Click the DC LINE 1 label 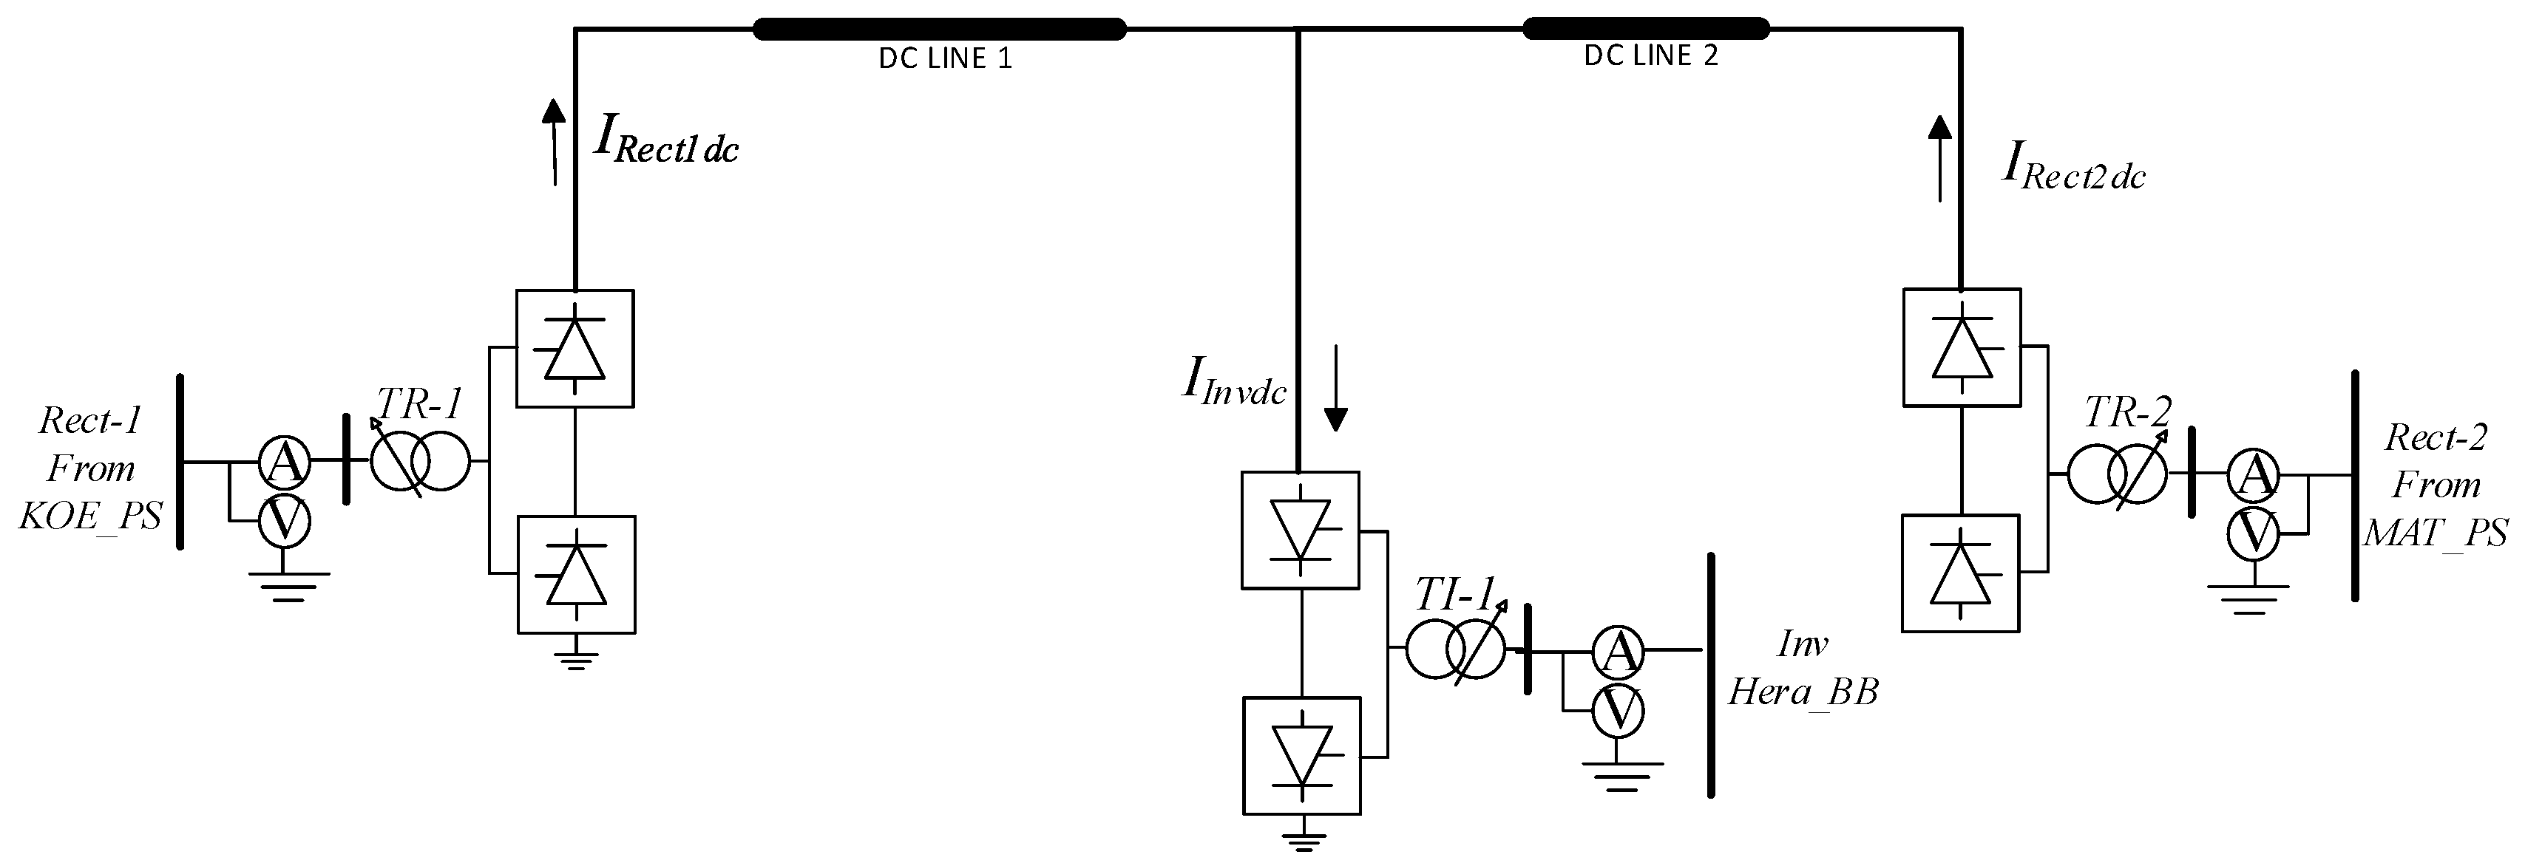tap(944, 59)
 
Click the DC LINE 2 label tap(1650, 56)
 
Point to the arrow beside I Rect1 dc tap(554, 142)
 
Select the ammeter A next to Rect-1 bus tap(284, 461)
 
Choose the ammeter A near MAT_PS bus tap(2252, 475)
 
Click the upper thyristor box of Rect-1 tap(575, 348)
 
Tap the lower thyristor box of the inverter tap(1301, 755)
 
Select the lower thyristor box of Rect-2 tap(1959, 573)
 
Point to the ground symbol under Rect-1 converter tap(575, 656)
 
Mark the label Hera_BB tap(1802, 692)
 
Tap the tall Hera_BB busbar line tap(1710, 676)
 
